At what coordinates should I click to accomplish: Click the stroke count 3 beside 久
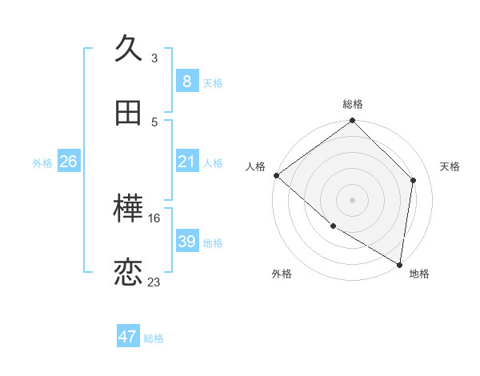pyautogui.click(x=154, y=58)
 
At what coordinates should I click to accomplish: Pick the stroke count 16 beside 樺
pyautogui.click(x=154, y=218)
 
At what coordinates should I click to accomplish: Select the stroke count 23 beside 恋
pyautogui.click(x=154, y=282)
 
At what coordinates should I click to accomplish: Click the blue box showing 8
pyautogui.click(x=186, y=82)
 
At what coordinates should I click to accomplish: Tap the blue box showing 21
pyautogui.click(x=186, y=162)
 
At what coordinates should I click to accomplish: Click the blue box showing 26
pyautogui.click(x=68, y=162)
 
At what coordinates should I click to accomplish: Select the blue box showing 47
pyautogui.click(x=128, y=337)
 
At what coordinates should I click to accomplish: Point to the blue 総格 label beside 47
pyautogui.click(x=154, y=338)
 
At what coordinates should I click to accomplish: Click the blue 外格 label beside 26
pyautogui.click(x=42, y=163)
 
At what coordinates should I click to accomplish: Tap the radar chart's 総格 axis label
pyautogui.click(x=353, y=104)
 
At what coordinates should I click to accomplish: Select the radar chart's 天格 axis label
pyautogui.click(x=450, y=166)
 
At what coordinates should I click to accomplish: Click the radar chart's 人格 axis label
pyautogui.click(x=255, y=166)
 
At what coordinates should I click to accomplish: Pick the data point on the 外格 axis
pyautogui.click(x=333, y=226)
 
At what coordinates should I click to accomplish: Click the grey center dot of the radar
pyautogui.click(x=353, y=199)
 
